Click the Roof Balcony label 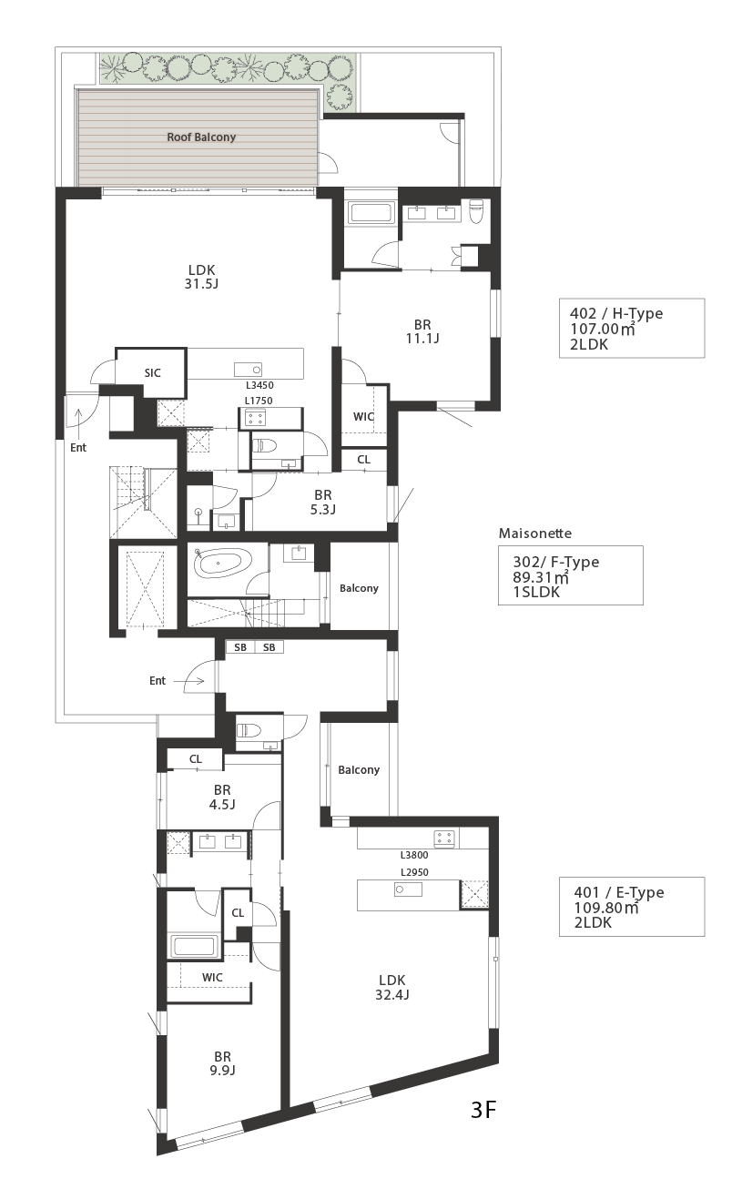pos(201,137)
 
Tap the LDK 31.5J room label pos(201,277)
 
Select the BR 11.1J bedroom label pos(422,331)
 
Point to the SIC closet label pos(153,373)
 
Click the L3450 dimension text pos(259,385)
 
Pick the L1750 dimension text pos(259,401)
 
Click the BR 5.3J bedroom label pos(323,503)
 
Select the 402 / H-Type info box pos(632,329)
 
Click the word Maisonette pos(535,534)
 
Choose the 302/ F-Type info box pos(571,575)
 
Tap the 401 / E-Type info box pos(632,907)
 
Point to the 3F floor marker pos(483,1110)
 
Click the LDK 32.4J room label pos(392,988)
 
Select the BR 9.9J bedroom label pos(222,1063)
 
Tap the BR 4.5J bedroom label pos(222,798)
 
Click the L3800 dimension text pos(414,855)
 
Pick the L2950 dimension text pos(414,872)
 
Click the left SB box pos(240,647)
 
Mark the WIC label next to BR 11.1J pos(363,417)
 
